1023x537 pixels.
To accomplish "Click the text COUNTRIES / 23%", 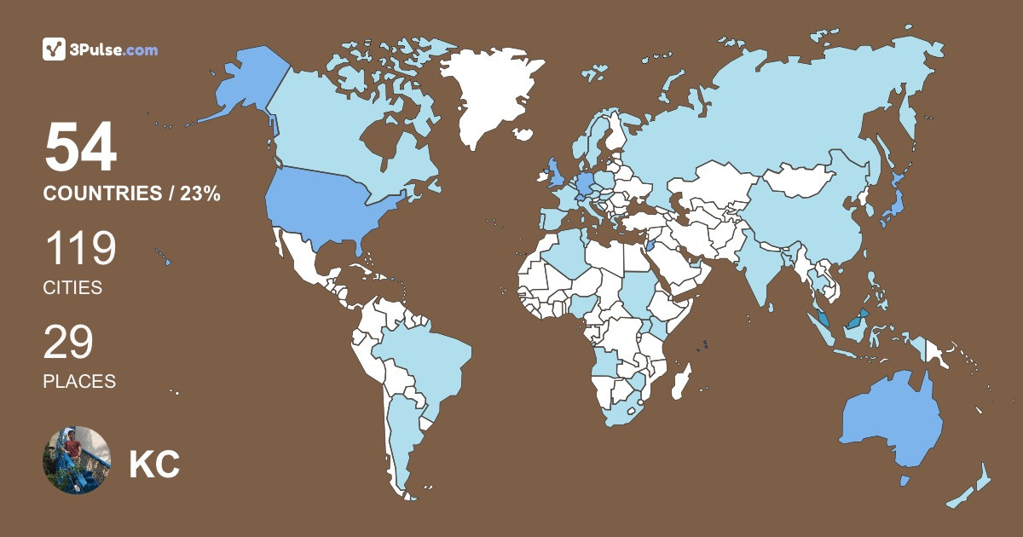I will coord(132,194).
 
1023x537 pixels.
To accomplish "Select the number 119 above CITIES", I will coord(80,250).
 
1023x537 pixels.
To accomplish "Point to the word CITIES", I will coord(72,288).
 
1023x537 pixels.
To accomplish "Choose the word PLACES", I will coord(79,382).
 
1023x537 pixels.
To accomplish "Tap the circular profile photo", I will coord(77,460).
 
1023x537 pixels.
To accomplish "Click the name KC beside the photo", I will coord(154,465).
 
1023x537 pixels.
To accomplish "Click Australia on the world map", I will coord(891,418).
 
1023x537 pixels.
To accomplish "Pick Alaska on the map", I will coord(243,81).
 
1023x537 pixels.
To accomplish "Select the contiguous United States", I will coord(332,205).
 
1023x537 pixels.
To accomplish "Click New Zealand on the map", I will coord(972,490).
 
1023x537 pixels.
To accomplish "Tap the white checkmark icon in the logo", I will coord(55,49).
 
